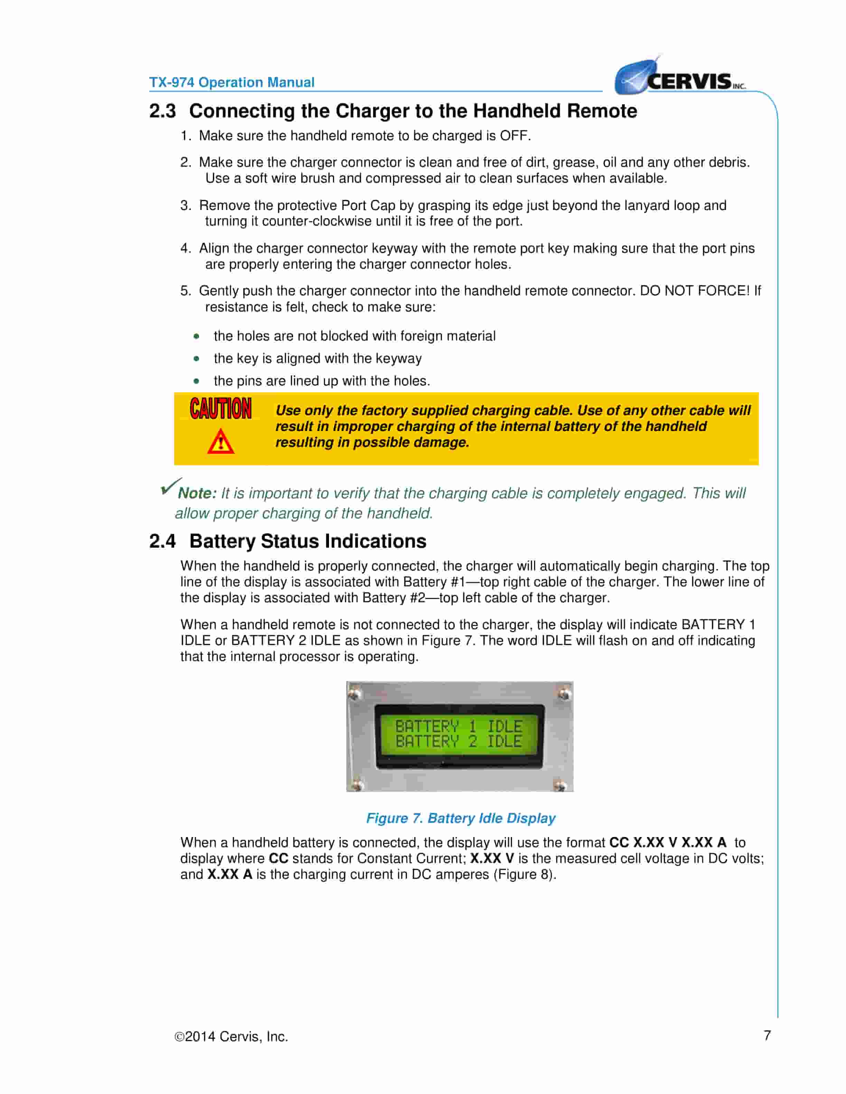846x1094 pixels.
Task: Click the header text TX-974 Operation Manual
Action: tap(232, 82)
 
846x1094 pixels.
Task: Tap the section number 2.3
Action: tap(162, 111)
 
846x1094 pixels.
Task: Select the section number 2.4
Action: tap(162, 541)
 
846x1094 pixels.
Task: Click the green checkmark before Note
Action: tap(170, 486)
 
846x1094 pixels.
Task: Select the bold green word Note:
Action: tap(197, 493)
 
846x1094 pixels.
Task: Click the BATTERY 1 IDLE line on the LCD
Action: tap(459, 726)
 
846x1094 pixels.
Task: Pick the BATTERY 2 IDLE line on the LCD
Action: tap(459, 741)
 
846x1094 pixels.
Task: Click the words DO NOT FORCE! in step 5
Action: tap(695, 291)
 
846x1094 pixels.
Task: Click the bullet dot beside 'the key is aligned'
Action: tap(196, 359)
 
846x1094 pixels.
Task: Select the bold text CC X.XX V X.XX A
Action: tap(668, 843)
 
